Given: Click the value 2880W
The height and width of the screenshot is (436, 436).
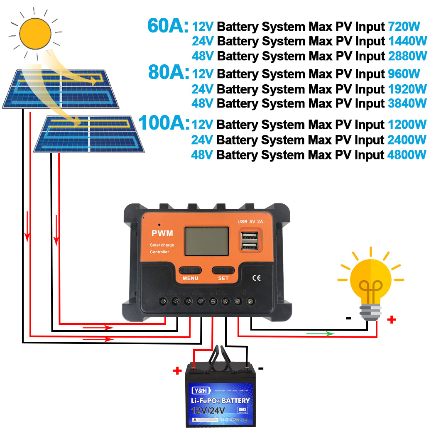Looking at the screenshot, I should tap(407, 56).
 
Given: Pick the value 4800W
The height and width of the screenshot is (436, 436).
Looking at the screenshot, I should tap(407, 155).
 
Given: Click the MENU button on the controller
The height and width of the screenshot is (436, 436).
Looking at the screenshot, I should tap(190, 270).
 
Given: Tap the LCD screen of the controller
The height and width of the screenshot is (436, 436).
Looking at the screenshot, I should tap(206, 240).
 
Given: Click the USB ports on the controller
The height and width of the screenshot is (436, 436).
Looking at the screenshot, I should tap(248, 240).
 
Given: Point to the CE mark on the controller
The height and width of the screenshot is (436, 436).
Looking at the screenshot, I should tap(257, 278).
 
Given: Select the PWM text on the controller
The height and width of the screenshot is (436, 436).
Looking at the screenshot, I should tap(162, 234).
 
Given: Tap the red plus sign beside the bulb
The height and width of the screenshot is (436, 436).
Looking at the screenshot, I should tap(391, 319).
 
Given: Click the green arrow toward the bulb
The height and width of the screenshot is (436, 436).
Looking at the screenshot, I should tap(320, 333).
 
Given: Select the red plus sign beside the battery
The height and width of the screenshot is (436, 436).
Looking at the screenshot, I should tap(178, 370).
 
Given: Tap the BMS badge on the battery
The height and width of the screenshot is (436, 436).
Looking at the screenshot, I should tap(241, 410).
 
